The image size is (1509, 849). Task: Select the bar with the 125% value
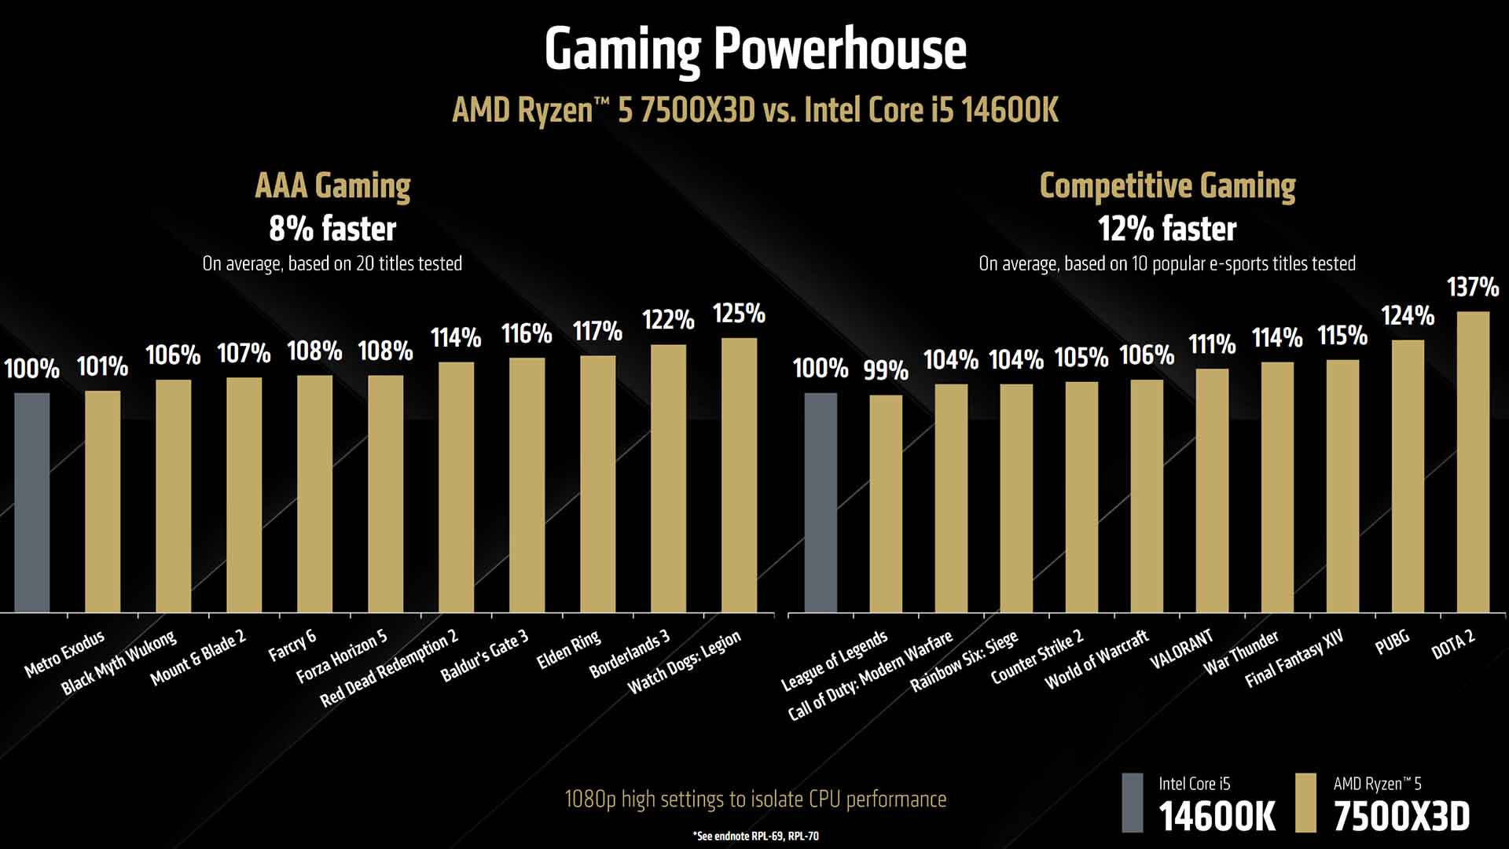click(x=739, y=475)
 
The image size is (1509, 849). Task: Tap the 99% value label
click(x=886, y=370)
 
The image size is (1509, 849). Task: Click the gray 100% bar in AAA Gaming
click(x=32, y=502)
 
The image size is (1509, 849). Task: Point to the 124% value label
click(x=1408, y=316)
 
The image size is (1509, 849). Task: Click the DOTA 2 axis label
click(x=1453, y=645)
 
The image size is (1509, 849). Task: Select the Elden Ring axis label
click(x=568, y=650)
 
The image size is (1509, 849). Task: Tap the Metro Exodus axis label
click(x=64, y=654)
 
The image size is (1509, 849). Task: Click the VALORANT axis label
click(x=1181, y=649)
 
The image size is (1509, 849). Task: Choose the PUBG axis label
click(x=1392, y=642)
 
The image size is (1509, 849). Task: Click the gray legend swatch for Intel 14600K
click(x=1133, y=803)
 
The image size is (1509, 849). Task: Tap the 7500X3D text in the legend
click(x=1401, y=817)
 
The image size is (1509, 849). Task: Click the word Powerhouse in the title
click(x=839, y=50)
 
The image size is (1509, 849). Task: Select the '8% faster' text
click(x=332, y=229)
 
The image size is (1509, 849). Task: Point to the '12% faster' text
click(x=1167, y=229)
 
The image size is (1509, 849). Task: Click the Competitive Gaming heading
click(x=1167, y=186)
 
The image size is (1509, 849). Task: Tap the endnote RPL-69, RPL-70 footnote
click(x=755, y=836)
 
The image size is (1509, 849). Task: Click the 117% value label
click(x=597, y=332)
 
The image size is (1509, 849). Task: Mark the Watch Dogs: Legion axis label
click(x=685, y=663)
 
